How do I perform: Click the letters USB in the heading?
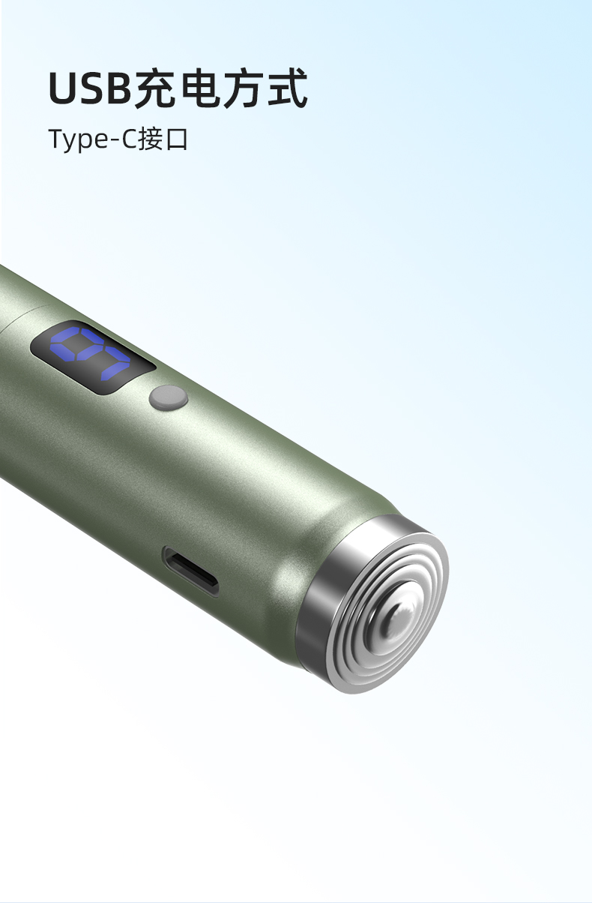(x=91, y=88)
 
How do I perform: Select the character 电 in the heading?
(x=199, y=88)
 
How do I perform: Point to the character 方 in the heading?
(x=243, y=88)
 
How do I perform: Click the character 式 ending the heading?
(x=287, y=88)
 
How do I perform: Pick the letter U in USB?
(x=63, y=88)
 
